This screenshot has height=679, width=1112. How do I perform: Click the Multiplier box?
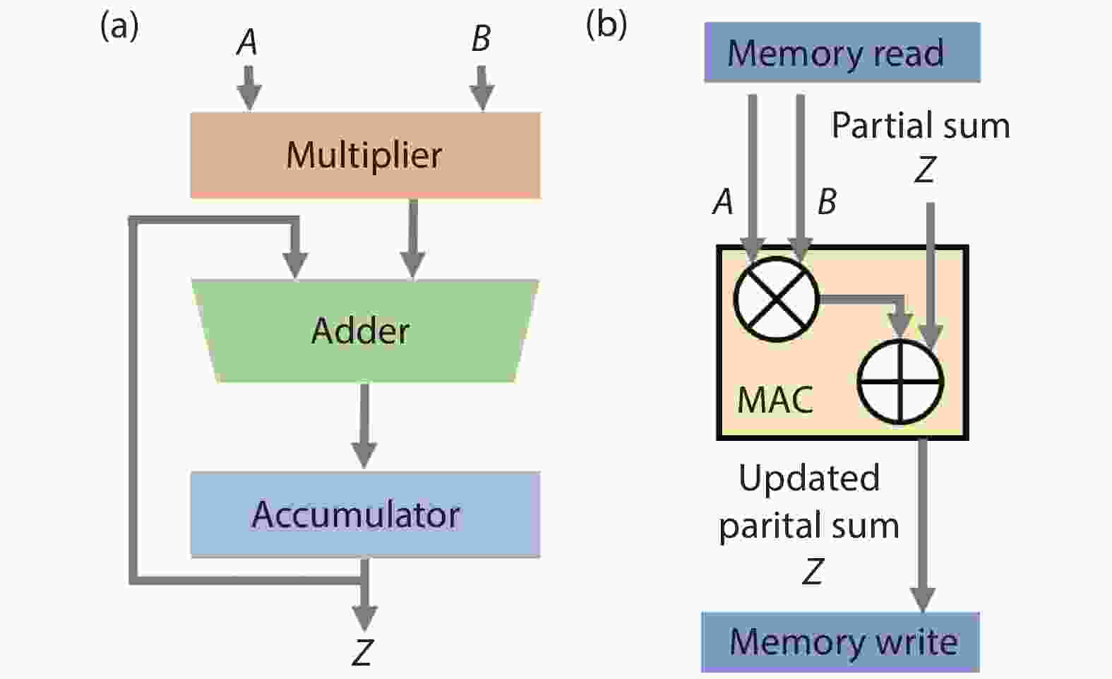(365, 155)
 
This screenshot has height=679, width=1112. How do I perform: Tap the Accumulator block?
(365, 514)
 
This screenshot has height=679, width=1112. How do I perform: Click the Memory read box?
(842, 53)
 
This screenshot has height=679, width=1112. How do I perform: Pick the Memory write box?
(840, 642)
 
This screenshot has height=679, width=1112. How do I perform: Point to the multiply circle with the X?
(776, 300)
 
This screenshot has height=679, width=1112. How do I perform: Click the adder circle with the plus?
(900, 382)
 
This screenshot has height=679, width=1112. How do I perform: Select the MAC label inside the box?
(775, 400)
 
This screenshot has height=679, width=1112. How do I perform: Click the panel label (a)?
(119, 26)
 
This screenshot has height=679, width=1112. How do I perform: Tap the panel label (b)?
(606, 25)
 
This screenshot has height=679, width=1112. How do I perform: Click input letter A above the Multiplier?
(246, 42)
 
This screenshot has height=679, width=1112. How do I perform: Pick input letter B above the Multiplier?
(481, 39)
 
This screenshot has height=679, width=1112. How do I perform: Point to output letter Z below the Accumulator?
(362, 653)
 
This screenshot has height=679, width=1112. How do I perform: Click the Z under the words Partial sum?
(925, 170)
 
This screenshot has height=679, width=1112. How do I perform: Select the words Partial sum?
(921, 126)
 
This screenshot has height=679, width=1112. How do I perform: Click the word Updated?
(809, 478)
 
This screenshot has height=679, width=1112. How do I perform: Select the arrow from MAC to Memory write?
(922, 523)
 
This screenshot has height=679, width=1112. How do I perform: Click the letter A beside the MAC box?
(723, 202)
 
